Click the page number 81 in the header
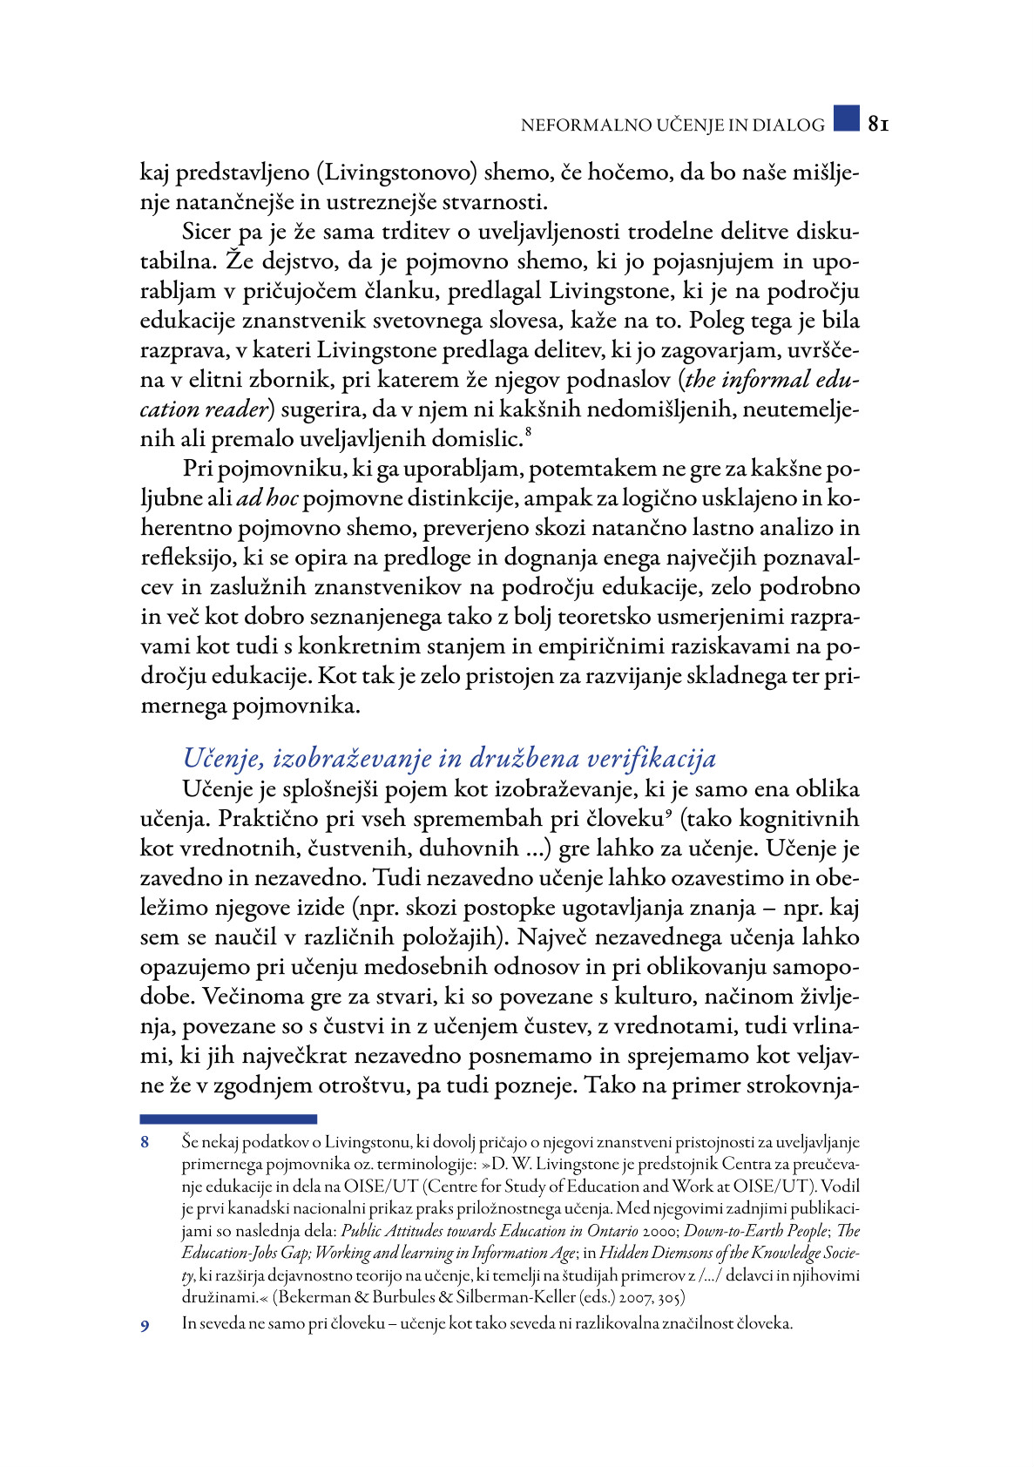pyautogui.click(x=878, y=124)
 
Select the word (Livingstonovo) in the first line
pyautogui.click(x=396, y=172)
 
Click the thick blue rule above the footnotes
pyautogui.click(x=228, y=1119)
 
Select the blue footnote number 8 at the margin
pyautogui.click(x=145, y=1142)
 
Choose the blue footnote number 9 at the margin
pyautogui.click(x=145, y=1325)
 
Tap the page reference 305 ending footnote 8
pyautogui.click(x=672, y=1297)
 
